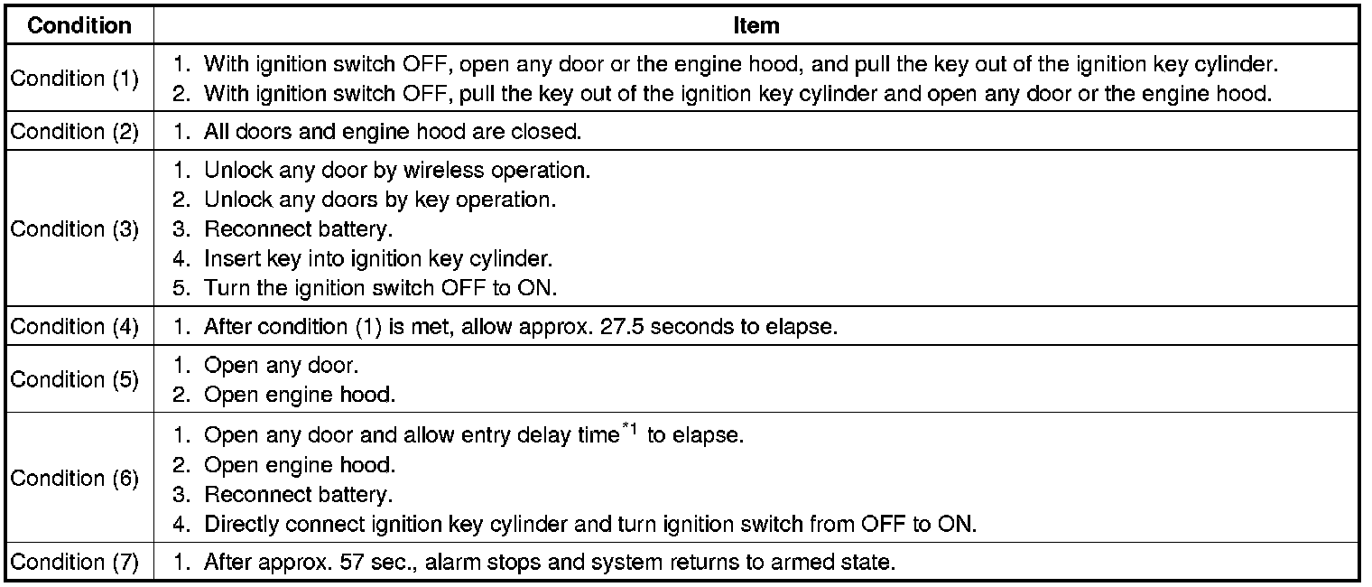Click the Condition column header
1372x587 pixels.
[79, 25]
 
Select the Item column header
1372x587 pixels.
[756, 25]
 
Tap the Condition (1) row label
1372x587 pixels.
[75, 79]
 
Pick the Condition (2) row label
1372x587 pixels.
[75, 132]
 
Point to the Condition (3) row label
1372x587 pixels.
[75, 228]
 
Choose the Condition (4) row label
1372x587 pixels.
[75, 326]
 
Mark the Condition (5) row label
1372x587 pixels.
[75, 380]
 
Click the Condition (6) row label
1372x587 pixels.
[75, 478]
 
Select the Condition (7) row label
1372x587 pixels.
[75, 563]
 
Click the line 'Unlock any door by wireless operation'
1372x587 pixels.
[397, 169]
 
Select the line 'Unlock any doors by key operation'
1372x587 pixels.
[380, 199]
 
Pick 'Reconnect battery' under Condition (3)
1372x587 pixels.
[299, 228]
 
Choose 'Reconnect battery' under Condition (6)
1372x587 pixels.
[299, 495]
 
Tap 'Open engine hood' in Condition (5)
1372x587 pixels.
[300, 395]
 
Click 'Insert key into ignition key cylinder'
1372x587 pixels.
[378, 259]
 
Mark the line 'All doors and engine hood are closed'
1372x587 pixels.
[393, 132]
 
